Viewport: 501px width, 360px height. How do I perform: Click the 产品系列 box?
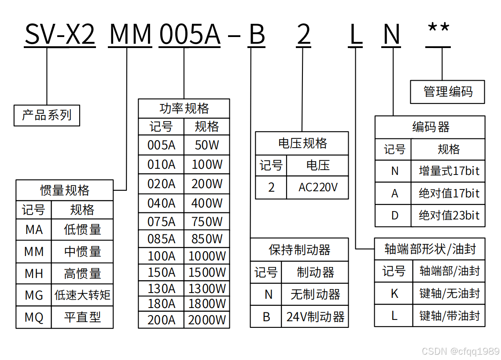coord(47,115)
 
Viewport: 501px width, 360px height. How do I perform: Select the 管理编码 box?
coord(447,92)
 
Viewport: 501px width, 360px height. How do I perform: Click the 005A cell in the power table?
coord(161,145)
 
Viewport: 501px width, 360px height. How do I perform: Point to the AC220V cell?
coord(318,187)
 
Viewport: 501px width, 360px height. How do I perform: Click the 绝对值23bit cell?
coord(449,215)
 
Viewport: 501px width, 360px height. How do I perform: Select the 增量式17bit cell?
coord(449,171)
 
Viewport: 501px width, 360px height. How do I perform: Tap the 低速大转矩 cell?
coord(82,295)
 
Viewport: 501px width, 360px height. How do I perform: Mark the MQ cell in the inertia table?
coord(34,317)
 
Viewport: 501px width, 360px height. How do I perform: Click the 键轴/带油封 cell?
coord(449,315)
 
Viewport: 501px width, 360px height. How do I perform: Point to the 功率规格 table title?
coord(184,108)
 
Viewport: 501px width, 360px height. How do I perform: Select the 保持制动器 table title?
coord(299,250)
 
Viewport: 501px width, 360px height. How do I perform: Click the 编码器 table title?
coord(430,127)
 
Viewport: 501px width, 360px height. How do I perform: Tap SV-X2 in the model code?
coord(60,34)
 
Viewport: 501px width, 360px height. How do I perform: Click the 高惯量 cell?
coord(82,274)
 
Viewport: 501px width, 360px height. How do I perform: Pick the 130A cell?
coord(161,289)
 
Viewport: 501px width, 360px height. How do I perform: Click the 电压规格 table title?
coord(302,143)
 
